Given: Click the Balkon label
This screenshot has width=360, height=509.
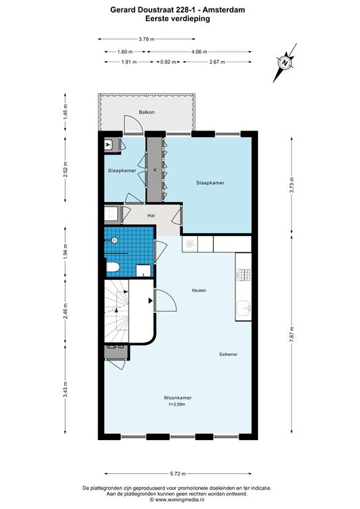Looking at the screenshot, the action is (x=147, y=112).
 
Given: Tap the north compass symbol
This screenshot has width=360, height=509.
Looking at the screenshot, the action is (x=284, y=63).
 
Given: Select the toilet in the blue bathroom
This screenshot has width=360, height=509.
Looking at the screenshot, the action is (x=113, y=268).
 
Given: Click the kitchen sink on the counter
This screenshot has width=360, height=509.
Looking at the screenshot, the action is (x=243, y=308).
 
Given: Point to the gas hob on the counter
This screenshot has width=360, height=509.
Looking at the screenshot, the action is (x=244, y=274).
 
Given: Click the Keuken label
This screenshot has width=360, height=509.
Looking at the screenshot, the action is (x=199, y=290).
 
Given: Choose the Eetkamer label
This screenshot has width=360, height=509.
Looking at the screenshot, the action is (x=228, y=354).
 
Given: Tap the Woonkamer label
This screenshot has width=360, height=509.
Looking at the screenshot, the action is (x=178, y=398).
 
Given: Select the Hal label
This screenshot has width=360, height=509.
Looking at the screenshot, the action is (x=151, y=215).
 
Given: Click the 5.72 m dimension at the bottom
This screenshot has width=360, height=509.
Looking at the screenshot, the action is (x=178, y=474).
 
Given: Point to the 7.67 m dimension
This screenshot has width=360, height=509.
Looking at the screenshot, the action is (x=292, y=334).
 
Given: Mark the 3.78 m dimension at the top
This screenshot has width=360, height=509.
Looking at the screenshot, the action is (x=147, y=39).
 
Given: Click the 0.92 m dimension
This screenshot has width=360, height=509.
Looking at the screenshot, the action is (x=168, y=62).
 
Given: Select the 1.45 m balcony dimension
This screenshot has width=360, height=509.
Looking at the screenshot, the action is (x=66, y=112).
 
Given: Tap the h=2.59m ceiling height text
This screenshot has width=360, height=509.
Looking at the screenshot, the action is (x=177, y=404).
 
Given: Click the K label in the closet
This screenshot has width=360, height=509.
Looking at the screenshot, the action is (x=155, y=170).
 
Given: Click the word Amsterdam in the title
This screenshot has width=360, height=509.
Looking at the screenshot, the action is (x=223, y=10).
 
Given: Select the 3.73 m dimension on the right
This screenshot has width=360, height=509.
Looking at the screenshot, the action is (x=292, y=186).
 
